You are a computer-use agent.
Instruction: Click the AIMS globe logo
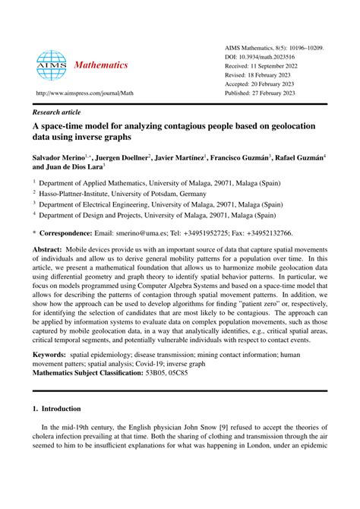tap(51, 65)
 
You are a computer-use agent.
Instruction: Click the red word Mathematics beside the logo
tap(100, 65)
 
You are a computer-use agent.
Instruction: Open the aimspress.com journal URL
tap(81, 93)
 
